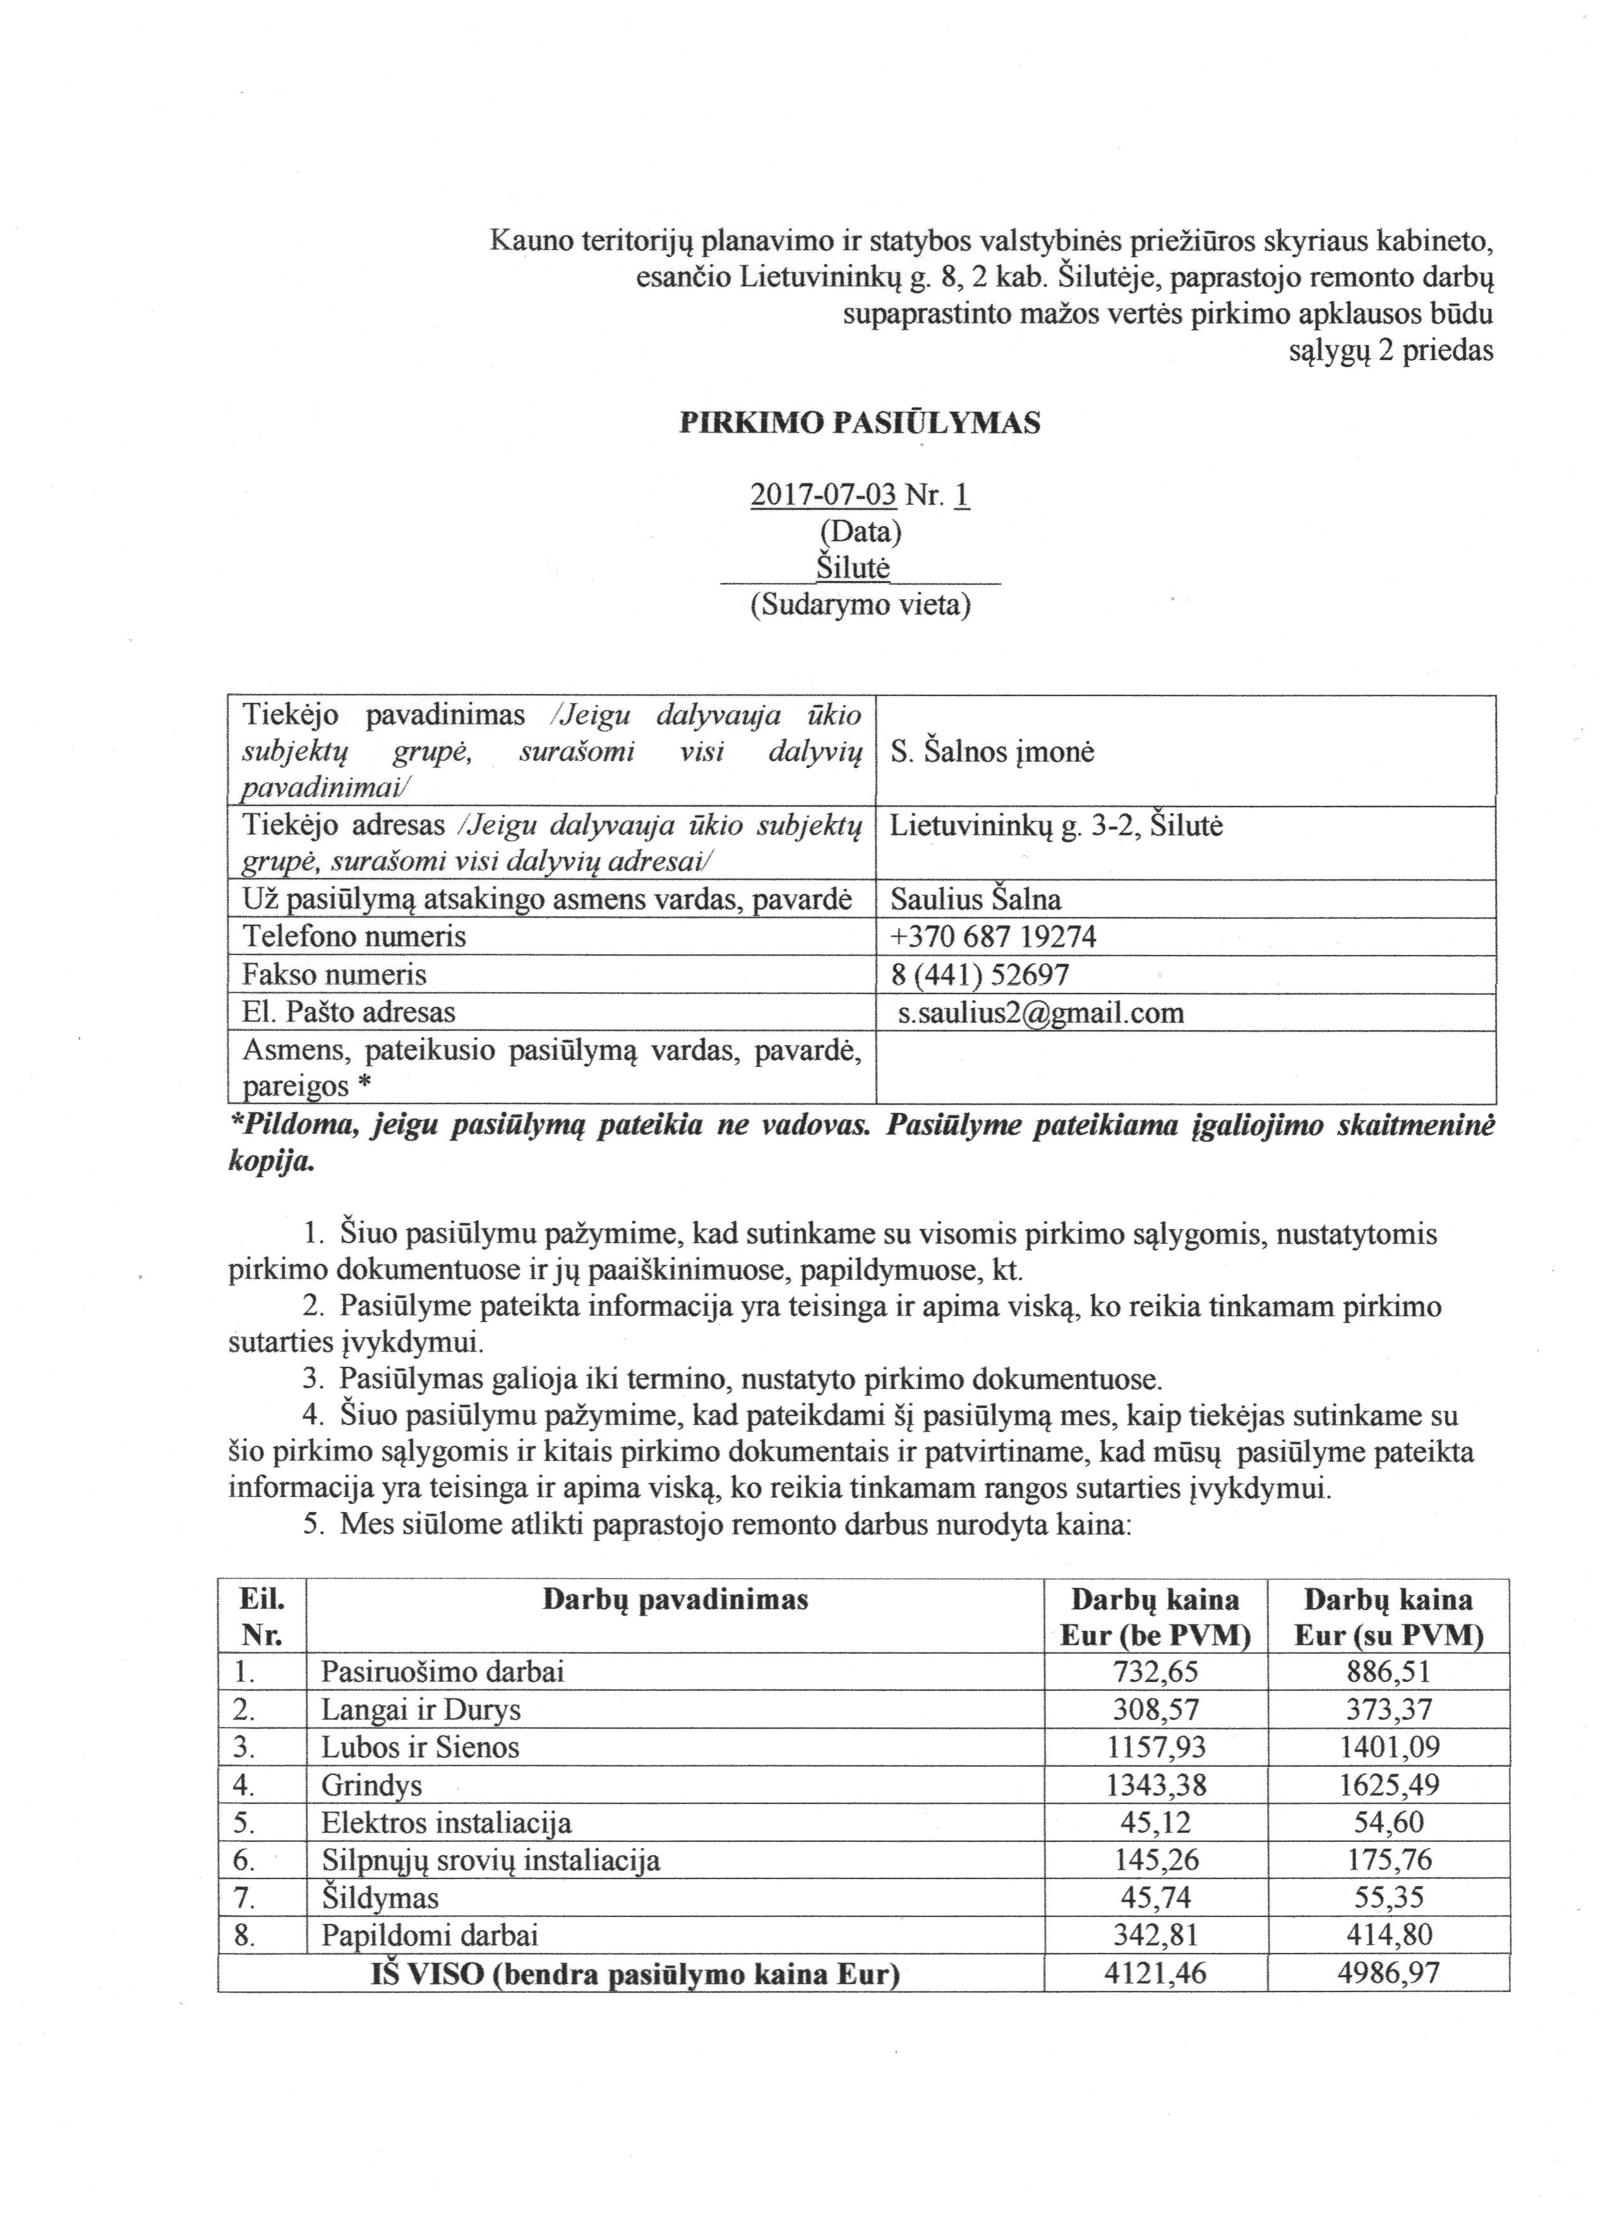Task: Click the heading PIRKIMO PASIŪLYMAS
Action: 860,423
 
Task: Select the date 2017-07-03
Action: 822,496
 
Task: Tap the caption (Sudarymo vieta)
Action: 860,605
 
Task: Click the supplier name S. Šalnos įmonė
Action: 992,752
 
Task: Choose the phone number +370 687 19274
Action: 993,937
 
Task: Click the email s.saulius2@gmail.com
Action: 1041,1012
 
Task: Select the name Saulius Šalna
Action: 976,899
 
